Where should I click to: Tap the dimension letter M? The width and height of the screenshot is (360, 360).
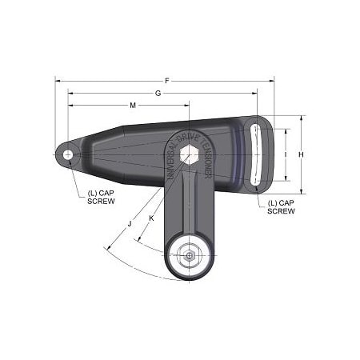click(x=132, y=106)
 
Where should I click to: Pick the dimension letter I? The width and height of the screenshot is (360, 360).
click(x=285, y=152)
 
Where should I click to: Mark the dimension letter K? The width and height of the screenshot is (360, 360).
click(x=152, y=218)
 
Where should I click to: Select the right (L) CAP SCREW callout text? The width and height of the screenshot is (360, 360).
click(x=281, y=206)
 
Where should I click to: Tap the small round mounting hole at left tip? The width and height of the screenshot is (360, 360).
click(x=69, y=154)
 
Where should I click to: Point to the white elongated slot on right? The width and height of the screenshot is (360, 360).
click(x=254, y=154)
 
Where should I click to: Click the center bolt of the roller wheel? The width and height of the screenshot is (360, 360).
click(x=190, y=256)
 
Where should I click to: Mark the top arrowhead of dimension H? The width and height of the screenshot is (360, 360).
click(x=302, y=118)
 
